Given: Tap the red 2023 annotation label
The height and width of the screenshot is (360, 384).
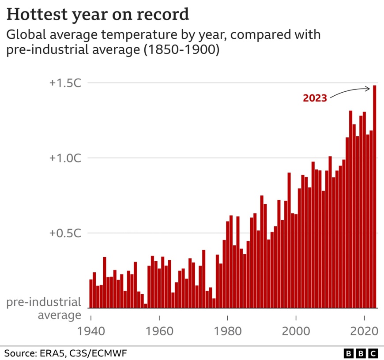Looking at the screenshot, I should click(x=315, y=98).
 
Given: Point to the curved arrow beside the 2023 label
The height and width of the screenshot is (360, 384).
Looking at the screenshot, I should click(x=349, y=91).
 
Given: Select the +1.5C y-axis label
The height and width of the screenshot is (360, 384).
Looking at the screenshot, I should click(x=65, y=83).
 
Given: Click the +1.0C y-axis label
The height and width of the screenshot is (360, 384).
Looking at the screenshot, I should click(x=65, y=158).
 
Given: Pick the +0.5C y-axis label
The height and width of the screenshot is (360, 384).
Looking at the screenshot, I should click(x=65, y=233).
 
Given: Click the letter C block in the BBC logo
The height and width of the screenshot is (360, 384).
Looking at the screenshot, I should click(x=373, y=353).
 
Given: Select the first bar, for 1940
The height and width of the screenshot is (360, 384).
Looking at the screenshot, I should click(x=91, y=293).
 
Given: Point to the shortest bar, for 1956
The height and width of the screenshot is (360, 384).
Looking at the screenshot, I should click(x=146, y=306).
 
